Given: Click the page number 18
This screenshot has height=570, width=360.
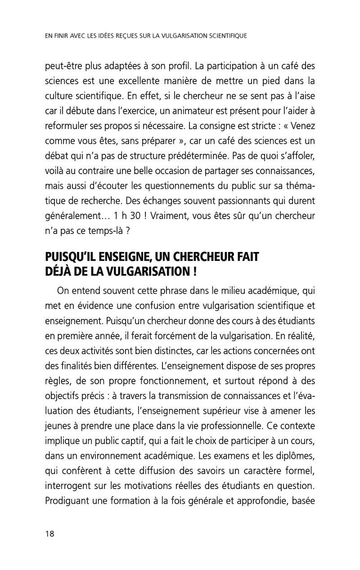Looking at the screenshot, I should tap(49, 534).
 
